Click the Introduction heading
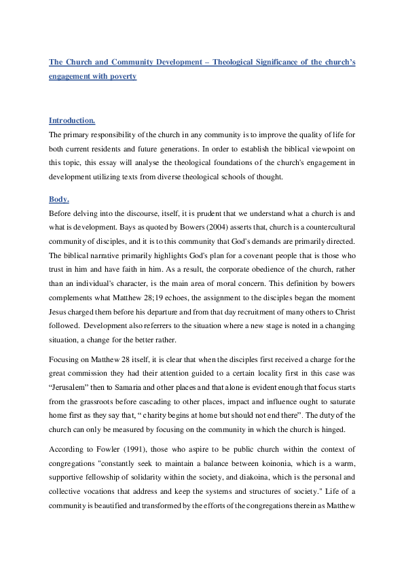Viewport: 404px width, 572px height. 72,121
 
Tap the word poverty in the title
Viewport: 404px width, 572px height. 122,77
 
